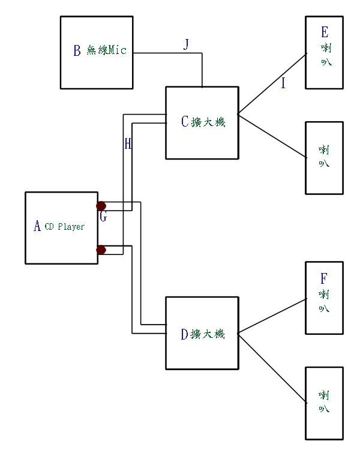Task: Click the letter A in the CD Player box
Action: pos(37,226)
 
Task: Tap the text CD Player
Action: pos(65,227)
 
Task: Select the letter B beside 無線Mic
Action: pos(77,51)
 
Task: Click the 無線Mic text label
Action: pos(107,50)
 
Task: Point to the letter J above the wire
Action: pos(186,44)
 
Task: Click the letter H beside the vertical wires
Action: pos(128,143)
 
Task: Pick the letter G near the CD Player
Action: pos(103,217)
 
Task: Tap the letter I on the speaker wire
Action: pos(283,83)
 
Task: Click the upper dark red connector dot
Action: pos(101,206)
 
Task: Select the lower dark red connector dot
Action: pos(101,250)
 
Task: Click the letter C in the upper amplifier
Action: pos(185,122)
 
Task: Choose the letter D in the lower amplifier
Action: pos(185,334)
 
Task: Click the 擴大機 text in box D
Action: pos(208,334)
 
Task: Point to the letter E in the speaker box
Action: pos(325,32)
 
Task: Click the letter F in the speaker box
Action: pos(324,278)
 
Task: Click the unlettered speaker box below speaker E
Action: pos(324,158)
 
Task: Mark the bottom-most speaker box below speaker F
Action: pos(324,403)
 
